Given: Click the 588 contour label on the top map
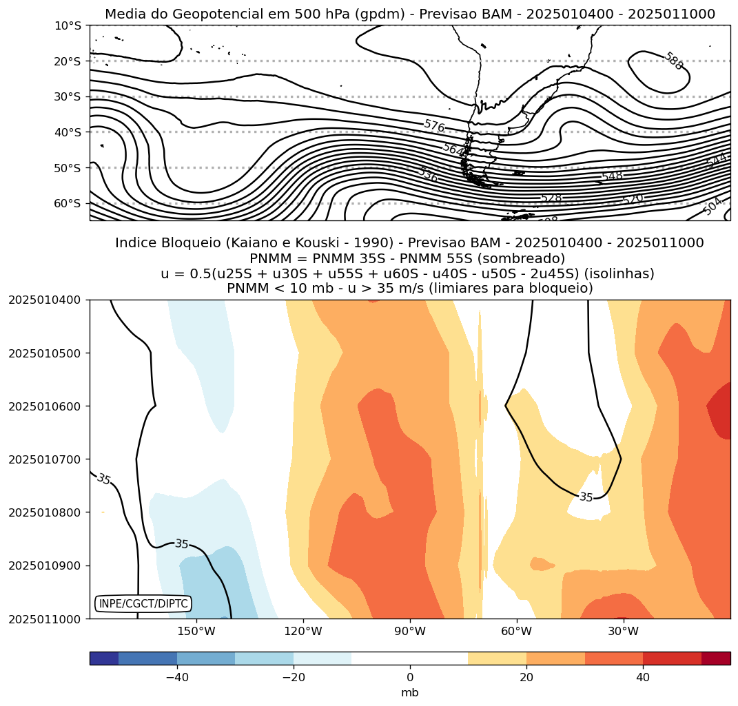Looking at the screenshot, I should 673,61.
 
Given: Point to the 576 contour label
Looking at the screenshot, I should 434,125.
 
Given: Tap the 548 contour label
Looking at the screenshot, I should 612,176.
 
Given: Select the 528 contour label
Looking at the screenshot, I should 551,198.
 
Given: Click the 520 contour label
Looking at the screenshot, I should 632,200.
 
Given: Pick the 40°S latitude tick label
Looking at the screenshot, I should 68,132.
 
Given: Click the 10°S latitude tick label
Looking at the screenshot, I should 68,25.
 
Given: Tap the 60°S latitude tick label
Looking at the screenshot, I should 68,204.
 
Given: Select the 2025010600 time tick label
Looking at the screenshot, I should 45,406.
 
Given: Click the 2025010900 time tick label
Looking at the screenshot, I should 45,565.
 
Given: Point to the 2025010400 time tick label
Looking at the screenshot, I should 45,300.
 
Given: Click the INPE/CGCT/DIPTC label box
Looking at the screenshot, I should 143,604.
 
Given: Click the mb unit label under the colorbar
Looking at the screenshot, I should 410,693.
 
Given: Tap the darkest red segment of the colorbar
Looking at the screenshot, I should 716,658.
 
